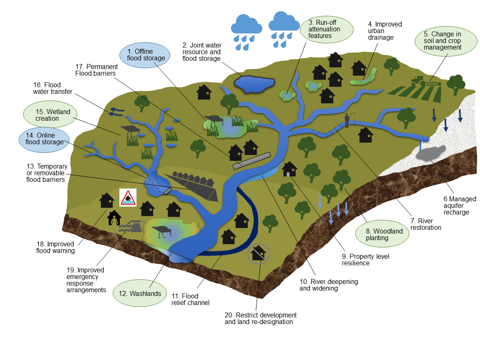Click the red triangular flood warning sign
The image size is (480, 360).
(x=128, y=198)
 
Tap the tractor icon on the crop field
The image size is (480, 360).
(x=419, y=81)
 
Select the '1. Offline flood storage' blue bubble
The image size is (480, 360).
(x=145, y=55)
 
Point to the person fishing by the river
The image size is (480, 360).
(x=347, y=120)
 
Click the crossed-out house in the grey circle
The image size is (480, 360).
(x=258, y=253)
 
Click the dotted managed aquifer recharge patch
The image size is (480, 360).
(x=431, y=153)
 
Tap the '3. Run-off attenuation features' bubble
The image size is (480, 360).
(x=326, y=29)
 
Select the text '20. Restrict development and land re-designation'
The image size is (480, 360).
(x=261, y=318)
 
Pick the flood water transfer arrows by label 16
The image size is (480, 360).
(x=116, y=111)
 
